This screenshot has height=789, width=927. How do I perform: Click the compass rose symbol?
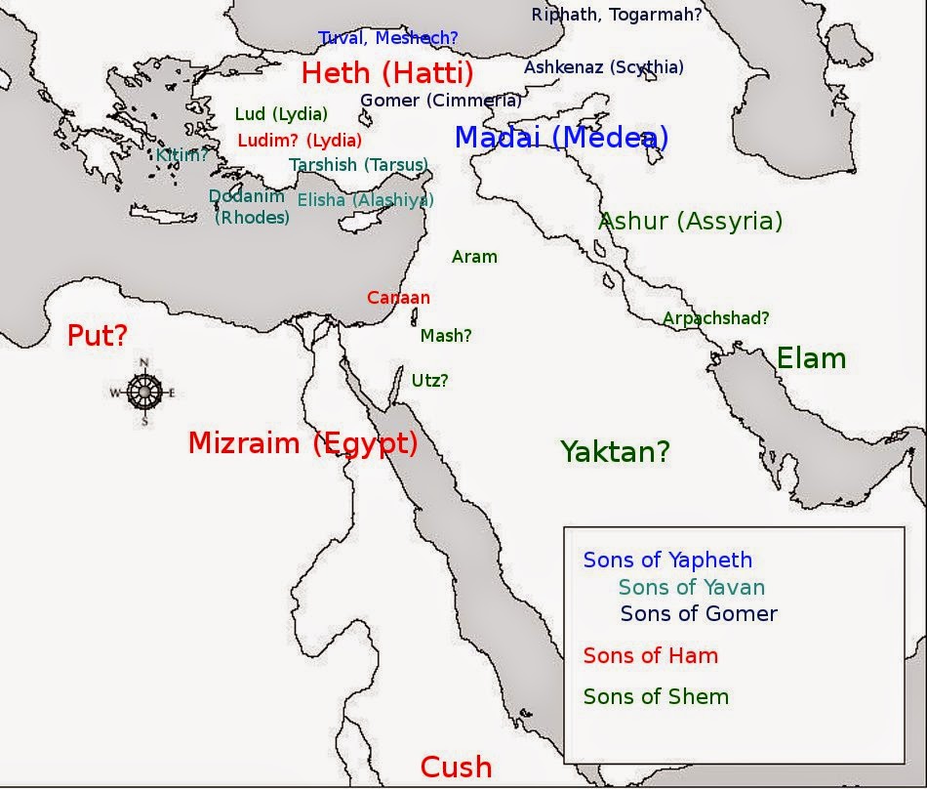click(143, 393)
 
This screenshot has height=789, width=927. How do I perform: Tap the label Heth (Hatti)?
click(387, 73)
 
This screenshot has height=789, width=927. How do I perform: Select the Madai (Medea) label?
click(561, 138)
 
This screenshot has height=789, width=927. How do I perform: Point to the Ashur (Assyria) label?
click(690, 221)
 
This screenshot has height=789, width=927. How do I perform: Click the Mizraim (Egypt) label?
click(302, 443)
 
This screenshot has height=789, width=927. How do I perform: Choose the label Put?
click(98, 337)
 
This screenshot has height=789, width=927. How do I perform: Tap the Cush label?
click(456, 768)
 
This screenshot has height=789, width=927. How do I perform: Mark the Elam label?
click(811, 358)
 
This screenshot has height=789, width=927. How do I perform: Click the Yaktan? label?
click(615, 451)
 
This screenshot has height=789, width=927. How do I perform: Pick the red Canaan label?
click(398, 298)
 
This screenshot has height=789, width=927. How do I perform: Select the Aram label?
click(474, 257)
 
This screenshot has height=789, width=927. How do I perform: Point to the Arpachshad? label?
click(715, 317)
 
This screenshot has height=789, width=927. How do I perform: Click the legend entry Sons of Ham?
click(650, 656)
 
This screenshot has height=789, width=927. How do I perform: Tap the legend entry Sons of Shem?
click(656, 696)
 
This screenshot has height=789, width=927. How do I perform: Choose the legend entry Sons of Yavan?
click(691, 587)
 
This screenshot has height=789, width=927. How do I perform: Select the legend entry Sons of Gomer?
click(699, 614)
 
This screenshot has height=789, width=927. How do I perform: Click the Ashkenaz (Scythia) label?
click(603, 67)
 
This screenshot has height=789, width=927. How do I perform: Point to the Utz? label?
click(429, 381)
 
